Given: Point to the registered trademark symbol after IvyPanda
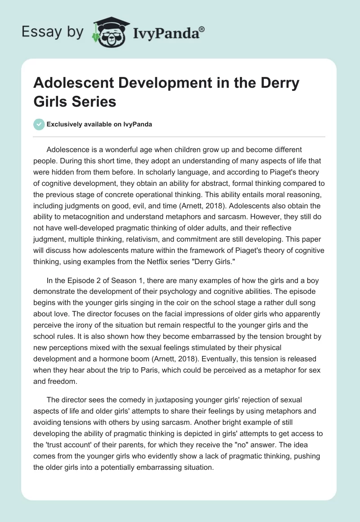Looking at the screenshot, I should [x=202, y=29].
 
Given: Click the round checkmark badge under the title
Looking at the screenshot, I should [x=40, y=124].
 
